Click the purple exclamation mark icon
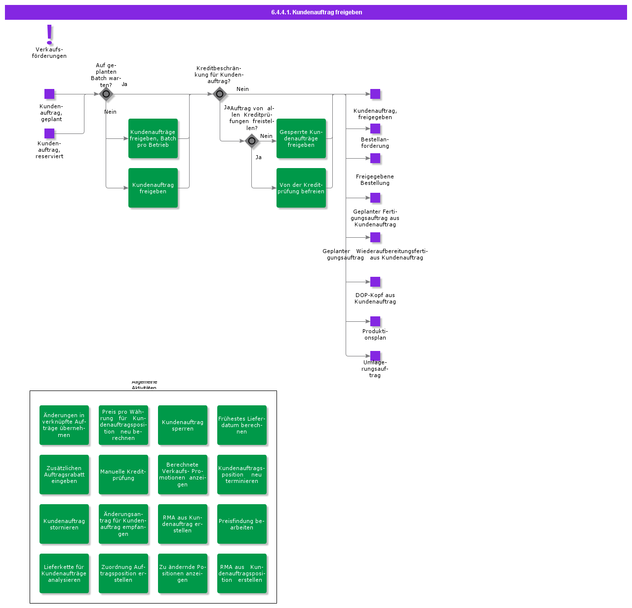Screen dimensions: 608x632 [x=49, y=34]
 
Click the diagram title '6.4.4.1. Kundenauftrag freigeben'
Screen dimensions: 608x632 [x=316, y=12]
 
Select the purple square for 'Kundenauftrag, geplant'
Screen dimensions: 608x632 [x=49, y=94]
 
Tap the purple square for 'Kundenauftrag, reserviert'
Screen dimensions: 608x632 [x=49, y=133]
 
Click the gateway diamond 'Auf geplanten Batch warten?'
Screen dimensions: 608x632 [x=106, y=94]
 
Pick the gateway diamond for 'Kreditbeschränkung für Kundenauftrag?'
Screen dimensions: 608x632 [x=220, y=94]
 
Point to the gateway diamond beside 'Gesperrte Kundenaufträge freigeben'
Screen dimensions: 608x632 [x=252, y=141]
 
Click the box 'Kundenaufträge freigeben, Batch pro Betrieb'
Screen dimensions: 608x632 [x=153, y=138]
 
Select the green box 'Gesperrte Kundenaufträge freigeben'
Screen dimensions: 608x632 [x=301, y=138]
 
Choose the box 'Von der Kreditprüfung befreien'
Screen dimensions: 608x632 [x=301, y=188]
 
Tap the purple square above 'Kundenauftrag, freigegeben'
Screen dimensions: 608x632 [x=375, y=94]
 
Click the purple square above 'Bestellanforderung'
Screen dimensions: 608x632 [x=375, y=129]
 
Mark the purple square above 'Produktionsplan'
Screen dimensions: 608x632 [x=375, y=321]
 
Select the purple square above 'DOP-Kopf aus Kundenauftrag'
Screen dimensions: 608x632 [x=375, y=282]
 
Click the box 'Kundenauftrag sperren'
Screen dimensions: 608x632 [x=183, y=425]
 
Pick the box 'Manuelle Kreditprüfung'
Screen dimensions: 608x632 [x=123, y=475]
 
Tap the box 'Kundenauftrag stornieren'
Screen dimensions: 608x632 [x=64, y=524]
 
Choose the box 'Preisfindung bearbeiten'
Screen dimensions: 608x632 [x=242, y=524]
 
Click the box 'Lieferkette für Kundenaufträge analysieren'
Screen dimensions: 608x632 [x=64, y=573]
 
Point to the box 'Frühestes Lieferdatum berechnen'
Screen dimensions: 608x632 [x=242, y=425]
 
